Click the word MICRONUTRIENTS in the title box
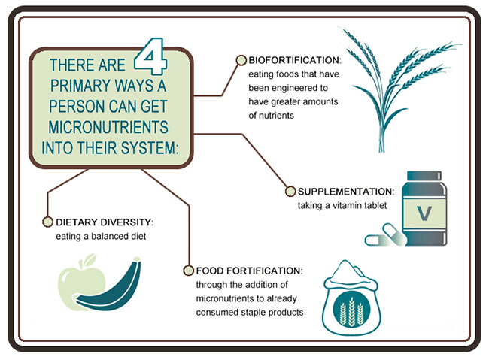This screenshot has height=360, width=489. click(x=108, y=127)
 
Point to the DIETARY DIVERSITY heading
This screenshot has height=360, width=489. click(x=105, y=222)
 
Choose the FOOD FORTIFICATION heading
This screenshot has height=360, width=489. click(x=249, y=271)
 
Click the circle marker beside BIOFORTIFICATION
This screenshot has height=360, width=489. click(x=241, y=60)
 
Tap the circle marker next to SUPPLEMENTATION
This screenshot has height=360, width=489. click(x=290, y=192)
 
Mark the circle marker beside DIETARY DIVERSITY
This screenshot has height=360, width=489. click(x=47, y=222)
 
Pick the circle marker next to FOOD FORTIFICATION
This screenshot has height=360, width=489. click(x=188, y=271)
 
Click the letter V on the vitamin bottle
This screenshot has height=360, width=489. click(x=424, y=213)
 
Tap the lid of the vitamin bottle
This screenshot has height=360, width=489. click(x=424, y=176)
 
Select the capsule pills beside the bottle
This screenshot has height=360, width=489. click(x=386, y=236)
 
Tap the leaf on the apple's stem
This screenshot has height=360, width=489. click(x=90, y=259)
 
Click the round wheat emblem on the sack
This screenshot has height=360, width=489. click(x=351, y=310)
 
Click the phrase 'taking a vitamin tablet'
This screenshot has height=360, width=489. click(x=342, y=206)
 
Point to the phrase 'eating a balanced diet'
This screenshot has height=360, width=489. click(x=101, y=237)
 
